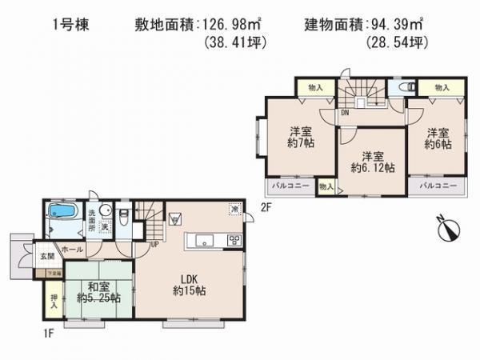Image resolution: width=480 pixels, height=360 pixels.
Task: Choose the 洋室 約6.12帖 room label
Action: click(370, 162)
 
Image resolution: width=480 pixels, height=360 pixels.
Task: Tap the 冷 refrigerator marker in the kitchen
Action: click(234, 210)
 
